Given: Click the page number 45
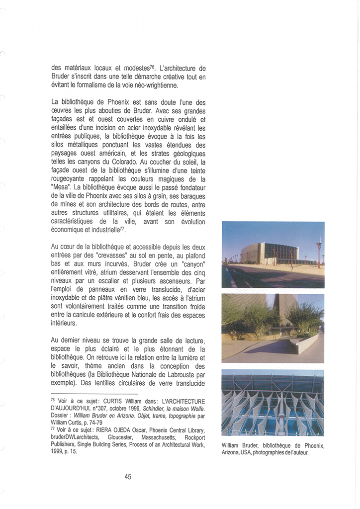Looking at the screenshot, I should point(128,476).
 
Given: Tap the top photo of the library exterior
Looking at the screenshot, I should point(273,254).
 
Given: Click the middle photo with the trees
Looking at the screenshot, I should point(273,328).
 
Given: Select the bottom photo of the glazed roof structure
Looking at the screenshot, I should point(273,403).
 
